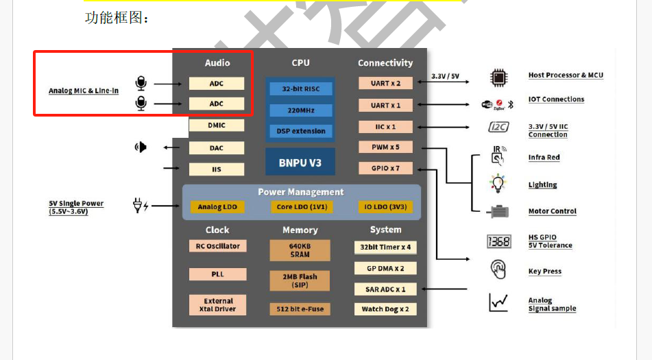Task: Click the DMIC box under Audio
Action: pyautogui.click(x=216, y=125)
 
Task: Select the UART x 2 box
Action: pyautogui.click(x=385, y=83)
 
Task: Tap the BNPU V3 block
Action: pyautogui.click(x=300, y=163)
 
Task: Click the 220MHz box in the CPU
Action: pyautogui.click(x=300, y=110)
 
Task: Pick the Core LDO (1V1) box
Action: pyautogui.click(x=300, y=206)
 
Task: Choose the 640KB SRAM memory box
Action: pyautogui.click(x=300, y=250)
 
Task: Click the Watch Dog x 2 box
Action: pyautogui.click(x=385, y=309)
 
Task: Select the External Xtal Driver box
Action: pyautogui.click(x=217, y=305)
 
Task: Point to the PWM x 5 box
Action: pyautogui.click(x=385, y=147)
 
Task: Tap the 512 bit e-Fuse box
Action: pyautogui.click(x=300, y=309)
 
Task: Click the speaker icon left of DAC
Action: pyautogui.click(x=141, y=147)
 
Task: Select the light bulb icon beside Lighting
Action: pyautogui.click(x=497, y=184)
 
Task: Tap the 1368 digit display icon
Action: pyautogui.click(x=498, y=241)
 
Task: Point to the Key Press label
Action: pyautogui.click(x=544, y=272)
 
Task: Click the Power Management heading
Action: pyautogui.click(x=300, y=192)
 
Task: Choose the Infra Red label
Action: pyautogui.click(x=544, y=158)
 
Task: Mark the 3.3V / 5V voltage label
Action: pyautogui.click(x=445, y=76)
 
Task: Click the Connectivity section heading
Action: pyautogui.click(x=385, y=63)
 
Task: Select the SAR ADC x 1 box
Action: pyautogui.click(x=385, y=289)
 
